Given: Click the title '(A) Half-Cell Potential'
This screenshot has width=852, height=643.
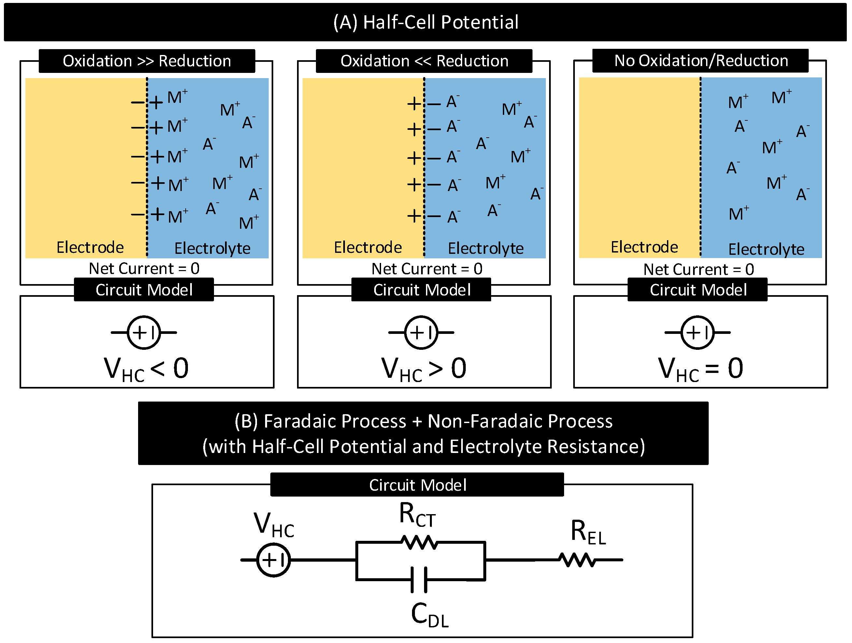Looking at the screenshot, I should point(426,22).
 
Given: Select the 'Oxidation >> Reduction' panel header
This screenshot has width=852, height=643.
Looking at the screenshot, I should point(147,61).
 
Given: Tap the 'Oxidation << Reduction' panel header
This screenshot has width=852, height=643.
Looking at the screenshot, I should point(424,61).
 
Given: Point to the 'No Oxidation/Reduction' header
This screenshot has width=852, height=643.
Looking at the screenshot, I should point(701,61).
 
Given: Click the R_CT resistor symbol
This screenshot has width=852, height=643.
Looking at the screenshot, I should point(419,542).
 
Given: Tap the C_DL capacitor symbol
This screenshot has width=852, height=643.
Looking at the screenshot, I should point(419,579).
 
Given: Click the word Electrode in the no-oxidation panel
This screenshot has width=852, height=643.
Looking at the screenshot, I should point(645,247).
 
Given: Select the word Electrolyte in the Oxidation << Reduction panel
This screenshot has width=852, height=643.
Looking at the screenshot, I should point(486,248).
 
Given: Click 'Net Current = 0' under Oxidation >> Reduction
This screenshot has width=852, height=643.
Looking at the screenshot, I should point(144,268).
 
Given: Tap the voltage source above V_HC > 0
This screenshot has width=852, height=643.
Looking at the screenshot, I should point(421,332).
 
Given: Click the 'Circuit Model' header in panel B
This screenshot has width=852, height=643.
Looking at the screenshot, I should point(418,485).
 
